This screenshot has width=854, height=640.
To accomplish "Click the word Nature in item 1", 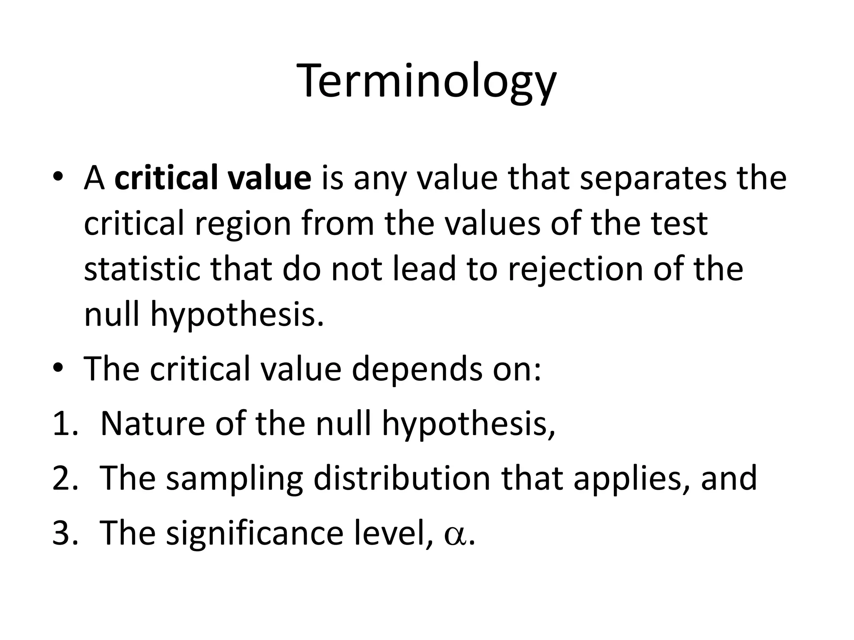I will (x=153, y=424).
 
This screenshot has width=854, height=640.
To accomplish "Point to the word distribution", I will (x=402, y=478).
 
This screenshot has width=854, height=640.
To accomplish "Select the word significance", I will (x=254, y=533).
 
